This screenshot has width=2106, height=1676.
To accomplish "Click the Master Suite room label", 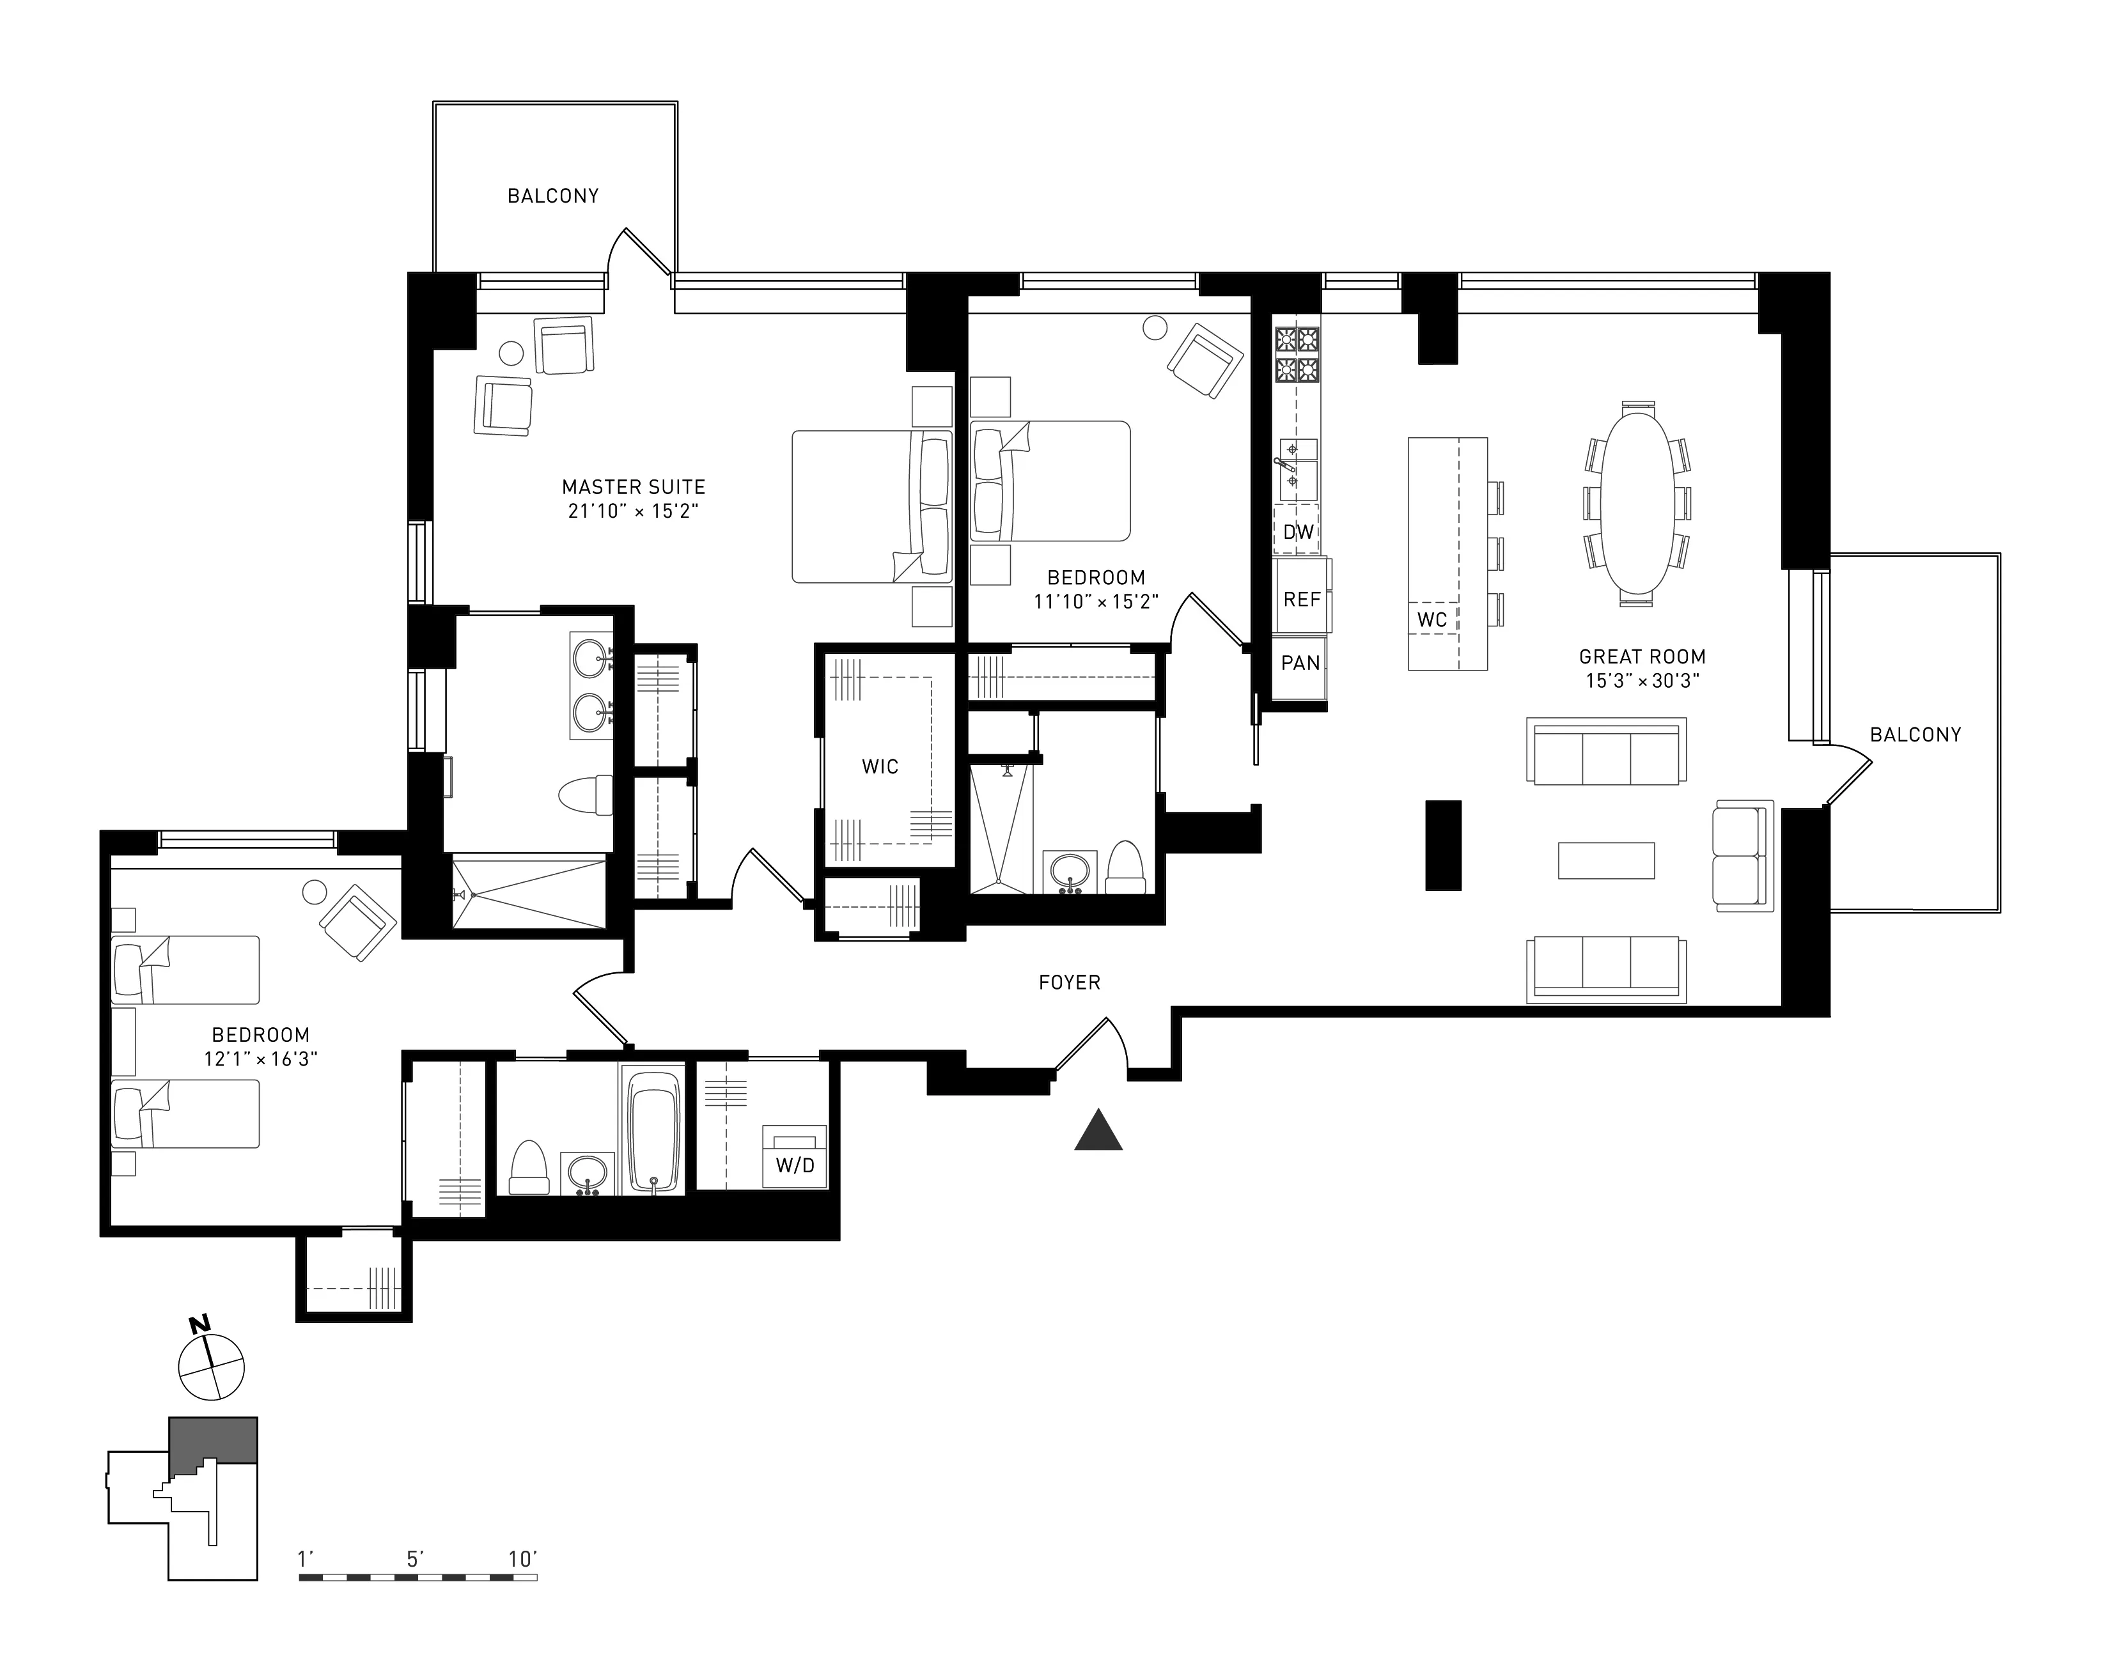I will (x=633, y=486).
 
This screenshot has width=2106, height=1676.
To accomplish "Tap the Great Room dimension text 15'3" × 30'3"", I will (x=1642, y=681).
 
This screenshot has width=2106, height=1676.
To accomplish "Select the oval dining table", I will (x=1637, y=504).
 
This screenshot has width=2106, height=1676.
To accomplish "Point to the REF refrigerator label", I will (x=1301, y=600).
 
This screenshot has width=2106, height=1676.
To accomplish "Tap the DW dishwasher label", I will (x=1298, y=532).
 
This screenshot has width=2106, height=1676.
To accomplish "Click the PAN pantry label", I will (x=1300, y=663).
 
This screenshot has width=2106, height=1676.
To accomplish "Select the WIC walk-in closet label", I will (x=879, y=766).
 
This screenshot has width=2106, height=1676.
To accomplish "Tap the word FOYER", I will (x=1068, y=982).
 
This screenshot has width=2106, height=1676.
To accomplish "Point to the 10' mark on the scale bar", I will (x=522, y=1559).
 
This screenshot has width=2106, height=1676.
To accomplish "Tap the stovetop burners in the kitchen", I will (x=1296, y=355).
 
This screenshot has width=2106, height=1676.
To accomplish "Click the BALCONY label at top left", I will (x=553, y=196).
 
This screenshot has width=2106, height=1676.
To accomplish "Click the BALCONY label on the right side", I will (x=1915, y=734).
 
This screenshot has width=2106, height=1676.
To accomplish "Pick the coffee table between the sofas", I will (x=1606, y=860).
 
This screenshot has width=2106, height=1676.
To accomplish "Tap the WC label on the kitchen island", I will (x=1432, y=620).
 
